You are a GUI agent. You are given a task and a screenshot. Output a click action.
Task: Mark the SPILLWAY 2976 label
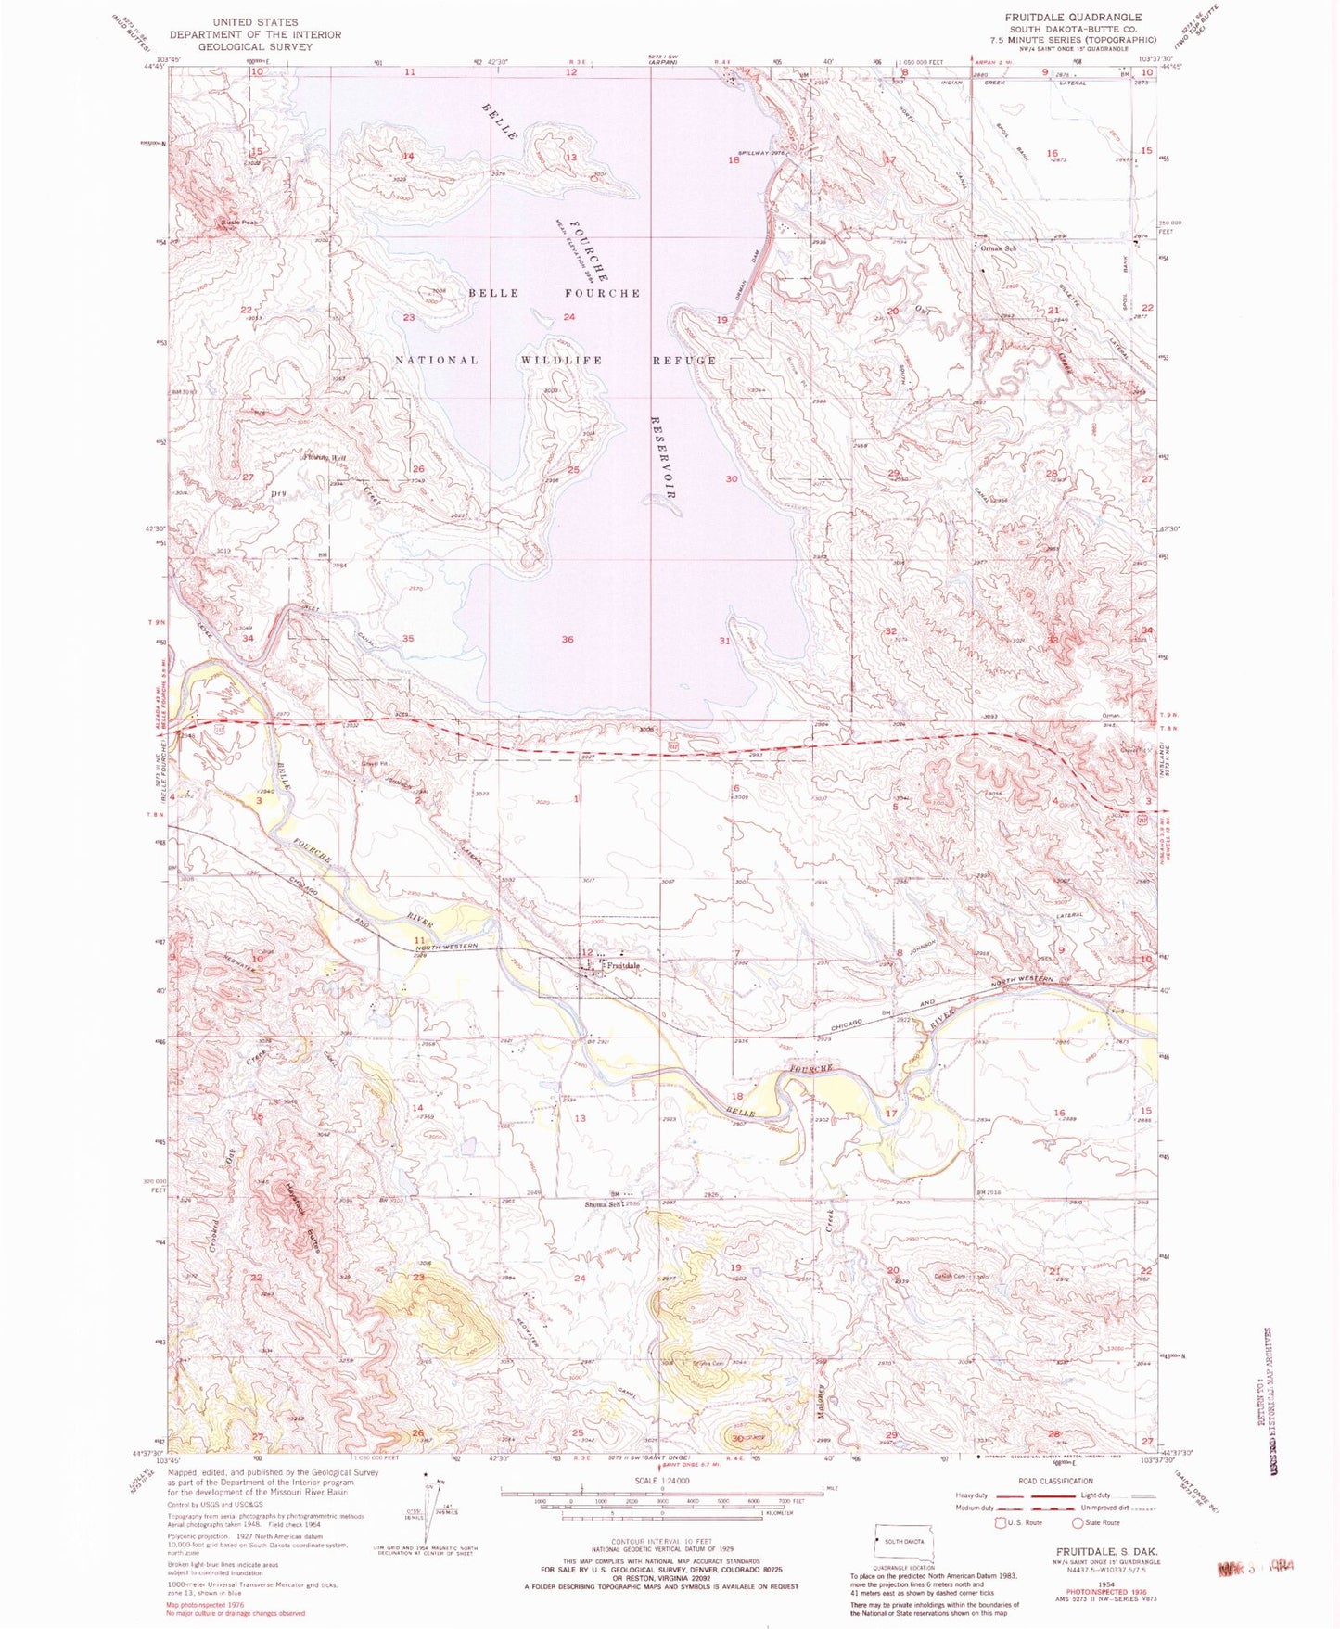click(761, 153)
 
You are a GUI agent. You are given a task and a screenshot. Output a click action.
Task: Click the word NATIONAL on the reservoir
click(437, 360)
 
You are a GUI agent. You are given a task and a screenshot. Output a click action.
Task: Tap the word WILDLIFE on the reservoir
click(561, 360)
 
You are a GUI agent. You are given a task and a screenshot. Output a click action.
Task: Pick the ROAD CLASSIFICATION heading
click(1054, 1481)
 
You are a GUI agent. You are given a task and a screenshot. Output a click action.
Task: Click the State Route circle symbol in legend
click(1078, 1521)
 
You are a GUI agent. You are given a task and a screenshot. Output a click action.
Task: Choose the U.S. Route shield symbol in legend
click(1000, 1521)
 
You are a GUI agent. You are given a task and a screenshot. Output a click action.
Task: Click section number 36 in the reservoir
click(568, 640)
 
